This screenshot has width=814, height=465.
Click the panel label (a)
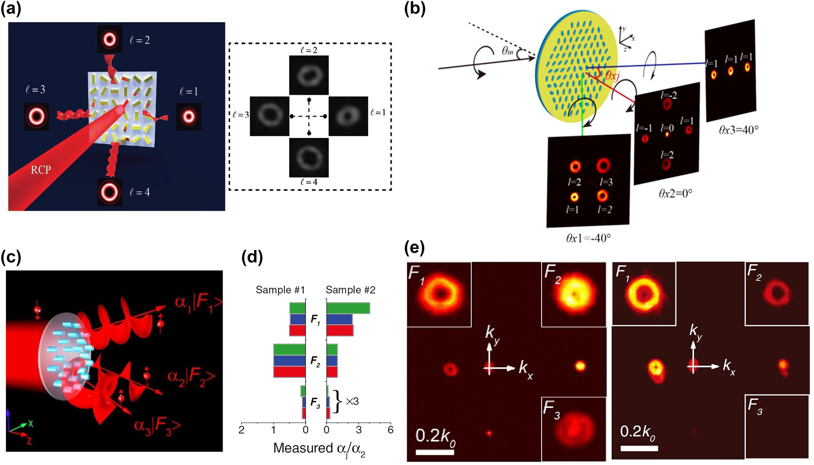click(x=11, y=9)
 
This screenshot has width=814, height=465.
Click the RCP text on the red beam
click(x=41, y=170)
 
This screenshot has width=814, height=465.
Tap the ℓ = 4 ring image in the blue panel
click(x=110, y=192)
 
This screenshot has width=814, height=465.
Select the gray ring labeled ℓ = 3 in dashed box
click(x=269, y=116)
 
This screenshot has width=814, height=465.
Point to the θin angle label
click(x=507, y=51)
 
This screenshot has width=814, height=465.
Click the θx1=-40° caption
click(x=588, y=238)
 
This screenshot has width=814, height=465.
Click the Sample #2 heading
click(x=350, y=290)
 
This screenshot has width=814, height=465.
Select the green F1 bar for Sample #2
click(x=348, y=308)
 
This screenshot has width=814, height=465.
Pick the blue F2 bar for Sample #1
click(x=289, y=361)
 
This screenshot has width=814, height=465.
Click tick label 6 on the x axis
click(x=390, y=430)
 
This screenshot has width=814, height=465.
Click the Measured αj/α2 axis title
click(x=319, y=449)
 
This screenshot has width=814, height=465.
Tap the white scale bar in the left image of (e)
click(x=435, y=452)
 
